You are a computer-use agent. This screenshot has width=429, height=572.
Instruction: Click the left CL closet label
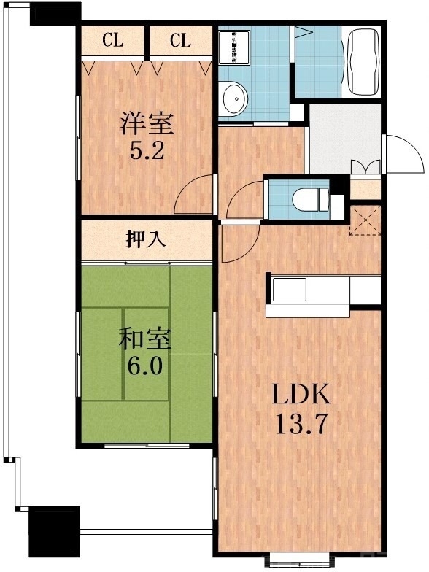(x=112, y=41)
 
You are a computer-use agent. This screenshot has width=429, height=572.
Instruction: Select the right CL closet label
(x=180, y=41)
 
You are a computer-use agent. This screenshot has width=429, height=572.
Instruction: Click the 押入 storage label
(x=146, y=240)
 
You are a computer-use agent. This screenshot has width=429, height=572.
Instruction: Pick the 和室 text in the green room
(x=145, y=339)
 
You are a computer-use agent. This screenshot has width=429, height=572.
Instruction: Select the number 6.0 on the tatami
(x=145, y=366)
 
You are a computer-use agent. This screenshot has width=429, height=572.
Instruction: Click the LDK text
(x=301, y=395)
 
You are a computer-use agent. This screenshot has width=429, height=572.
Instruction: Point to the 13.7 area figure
(x=301, y=423)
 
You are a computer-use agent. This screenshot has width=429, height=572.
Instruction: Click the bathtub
(x=362, y=61)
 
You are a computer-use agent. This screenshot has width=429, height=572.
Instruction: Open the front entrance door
(x=403, y=154)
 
